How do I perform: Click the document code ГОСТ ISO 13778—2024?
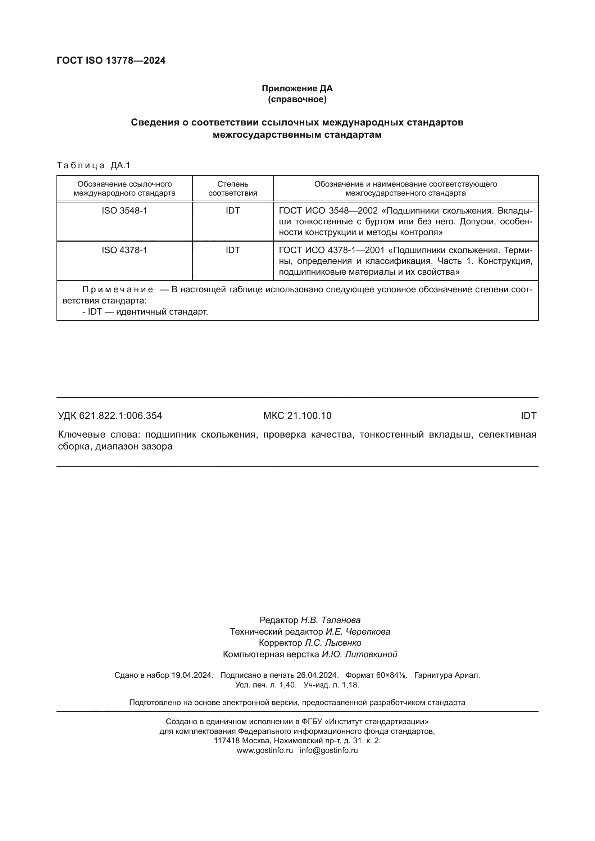[x=111, y=60]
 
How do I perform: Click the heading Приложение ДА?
[x=297, y=88]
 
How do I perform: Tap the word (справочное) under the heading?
[x=297, y=99]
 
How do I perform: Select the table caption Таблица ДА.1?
[x=94, y=165]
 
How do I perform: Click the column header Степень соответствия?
[x=233, y=188]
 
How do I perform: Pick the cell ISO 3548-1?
[x=124, y=211]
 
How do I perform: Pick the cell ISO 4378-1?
[x=124, y=250]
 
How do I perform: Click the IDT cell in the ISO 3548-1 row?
[x=233, y=211]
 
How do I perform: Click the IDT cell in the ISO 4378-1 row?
[x=233, y=250]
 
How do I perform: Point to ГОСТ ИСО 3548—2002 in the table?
[x=328, y=211]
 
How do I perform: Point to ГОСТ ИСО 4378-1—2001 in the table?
[x=332, y=251]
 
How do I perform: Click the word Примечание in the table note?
[x=118, y=290]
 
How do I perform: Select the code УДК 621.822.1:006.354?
[x=110, y=416]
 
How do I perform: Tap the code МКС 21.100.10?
[x=297, y=416]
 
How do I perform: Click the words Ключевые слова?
[x=99, y=435]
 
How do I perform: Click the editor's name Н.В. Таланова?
[x=331, y=620]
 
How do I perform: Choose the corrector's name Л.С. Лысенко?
[x=333, y=643]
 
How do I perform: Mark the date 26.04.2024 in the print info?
[x=317, y=675]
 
